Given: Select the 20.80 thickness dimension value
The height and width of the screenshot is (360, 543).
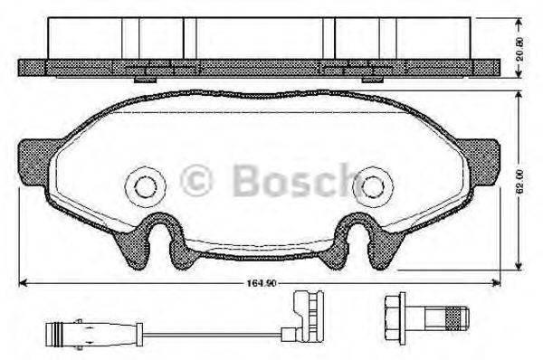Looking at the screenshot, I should coord(519,39).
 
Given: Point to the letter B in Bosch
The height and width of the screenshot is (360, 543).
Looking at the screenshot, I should coord(248,180).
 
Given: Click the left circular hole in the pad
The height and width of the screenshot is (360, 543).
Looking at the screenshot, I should coord(144,187).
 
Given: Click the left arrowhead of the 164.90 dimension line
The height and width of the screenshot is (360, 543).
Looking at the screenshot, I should coord(22,281).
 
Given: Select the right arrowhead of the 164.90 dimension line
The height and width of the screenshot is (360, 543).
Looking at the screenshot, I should coord(500,281).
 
